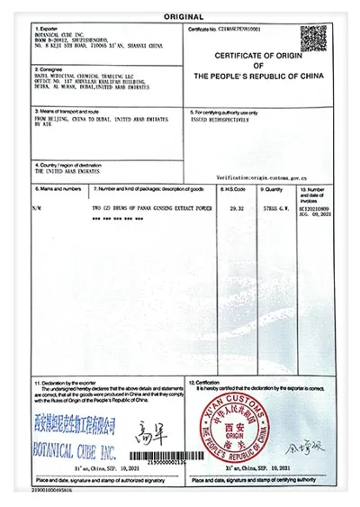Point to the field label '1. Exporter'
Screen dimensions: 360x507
tap(46, 30)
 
